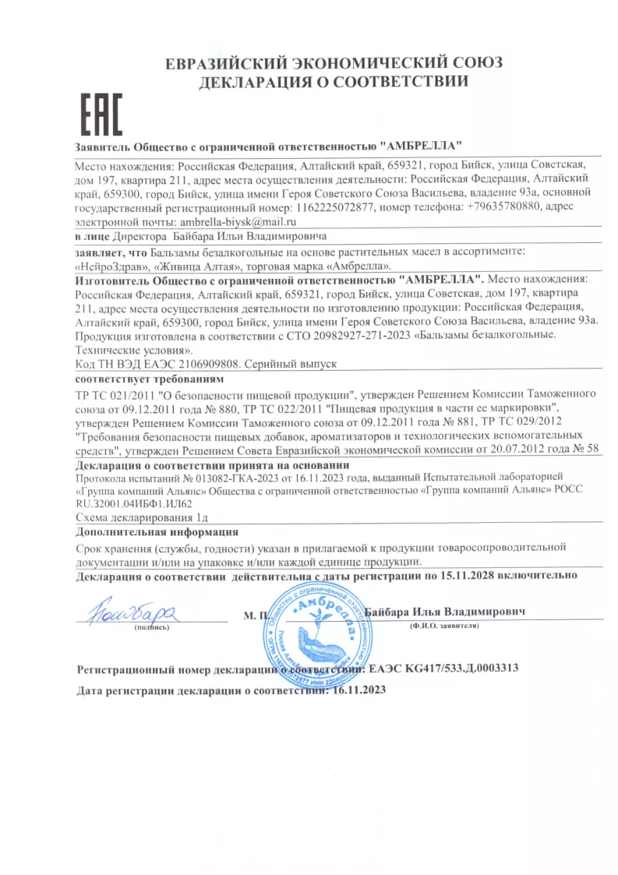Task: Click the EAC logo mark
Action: click(102, 116)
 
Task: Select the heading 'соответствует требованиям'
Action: click(149, 379)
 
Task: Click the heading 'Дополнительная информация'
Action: click(157, 532)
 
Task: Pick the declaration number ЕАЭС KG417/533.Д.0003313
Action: click(442, 669)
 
